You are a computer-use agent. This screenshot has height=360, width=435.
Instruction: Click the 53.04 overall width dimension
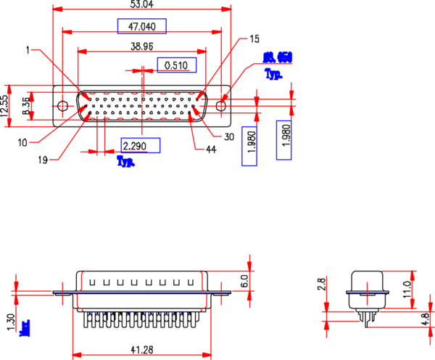[142, 4]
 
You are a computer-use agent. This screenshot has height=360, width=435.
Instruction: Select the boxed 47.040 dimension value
[142, 27]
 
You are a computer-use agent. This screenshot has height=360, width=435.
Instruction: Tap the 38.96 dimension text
[142, 46]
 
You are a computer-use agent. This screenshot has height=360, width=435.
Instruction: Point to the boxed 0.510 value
[176, 66]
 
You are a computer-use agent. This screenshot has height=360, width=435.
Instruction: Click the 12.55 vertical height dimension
[5, 106]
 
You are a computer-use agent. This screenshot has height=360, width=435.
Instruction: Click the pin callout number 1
[28, 50]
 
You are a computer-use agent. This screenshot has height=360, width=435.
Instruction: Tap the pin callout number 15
[254, 38]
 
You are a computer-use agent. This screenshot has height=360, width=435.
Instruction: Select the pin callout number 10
[23, 142]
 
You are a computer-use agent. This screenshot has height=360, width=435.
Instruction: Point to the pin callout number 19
[43, 160]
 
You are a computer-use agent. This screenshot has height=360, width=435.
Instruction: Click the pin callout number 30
[229, 136]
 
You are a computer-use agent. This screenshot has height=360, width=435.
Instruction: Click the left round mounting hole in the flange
[63, 107]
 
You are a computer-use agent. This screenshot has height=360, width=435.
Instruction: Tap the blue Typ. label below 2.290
[126, 162]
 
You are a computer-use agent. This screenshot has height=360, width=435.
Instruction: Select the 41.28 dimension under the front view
[141, 350]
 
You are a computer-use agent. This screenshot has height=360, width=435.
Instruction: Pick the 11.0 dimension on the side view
[407, 286]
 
